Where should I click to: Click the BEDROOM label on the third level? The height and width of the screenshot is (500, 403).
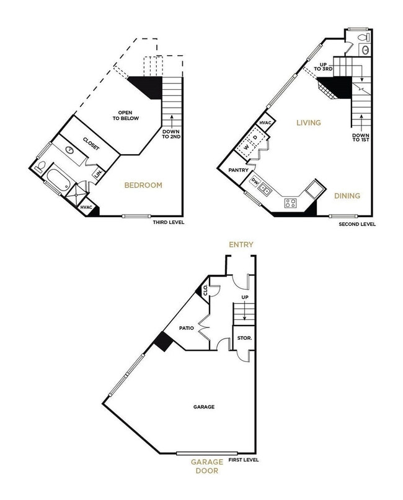coord(143,185)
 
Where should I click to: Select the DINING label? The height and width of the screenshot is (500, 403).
coord(347,196)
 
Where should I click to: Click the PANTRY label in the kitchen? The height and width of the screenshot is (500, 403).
coord(239,170)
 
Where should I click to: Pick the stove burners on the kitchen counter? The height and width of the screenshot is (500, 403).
coord(290,202)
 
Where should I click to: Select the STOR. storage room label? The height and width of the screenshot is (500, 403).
coord(242,339)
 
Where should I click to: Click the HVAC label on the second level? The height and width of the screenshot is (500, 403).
coord(265,124)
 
